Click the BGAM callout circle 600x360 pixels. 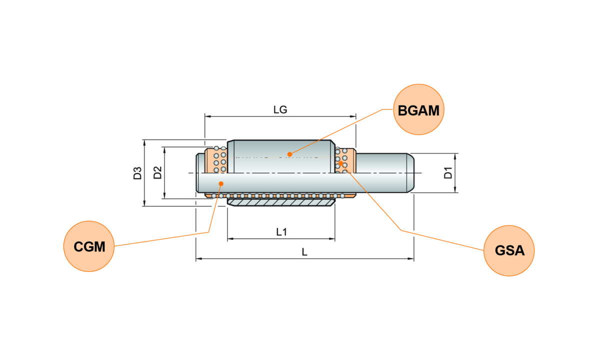pyautogui.click(x=418, y=109)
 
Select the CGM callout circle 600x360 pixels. pyautogui.click(x=89, y=246)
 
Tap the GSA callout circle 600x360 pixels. pyautogui.click(x=509, y=250)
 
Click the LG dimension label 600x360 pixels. pyautogui.click(x=280, y=110)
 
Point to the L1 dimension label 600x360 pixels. pyautogui.click(x=281, y=232)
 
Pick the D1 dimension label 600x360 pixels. pyautogui.click(x=448, y=173)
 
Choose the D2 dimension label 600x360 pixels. pyautogui.click(x=157, y=173)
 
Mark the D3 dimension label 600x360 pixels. pyautogui.click(x=137, y=173)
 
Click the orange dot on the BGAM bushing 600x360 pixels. pyautogui.click(x=289, y=154)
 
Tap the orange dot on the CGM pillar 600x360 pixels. pyautogui.click(x=221, y=183)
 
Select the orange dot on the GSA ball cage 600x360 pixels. pyautogui.click(x=340, y=163)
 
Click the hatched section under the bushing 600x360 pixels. pyautogui.click(x=281, y=202)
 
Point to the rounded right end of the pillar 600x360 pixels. pyautogui.click(x=410, y=173)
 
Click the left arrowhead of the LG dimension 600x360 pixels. pyautogui.click(x=208, y=116)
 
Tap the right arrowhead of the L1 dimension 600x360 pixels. pyautogui.click(x=332, y=238)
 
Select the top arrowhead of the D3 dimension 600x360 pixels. pyautogui.click(x=144, y=143)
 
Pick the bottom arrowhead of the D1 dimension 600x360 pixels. pyautogui.click(x=455, y=189)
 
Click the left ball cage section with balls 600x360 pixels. pyautogui.click(x=216, y=160)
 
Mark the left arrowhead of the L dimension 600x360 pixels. pyautogui.click(x=199, y=259)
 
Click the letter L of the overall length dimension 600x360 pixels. pyautogui.click(x=304, y=252)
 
